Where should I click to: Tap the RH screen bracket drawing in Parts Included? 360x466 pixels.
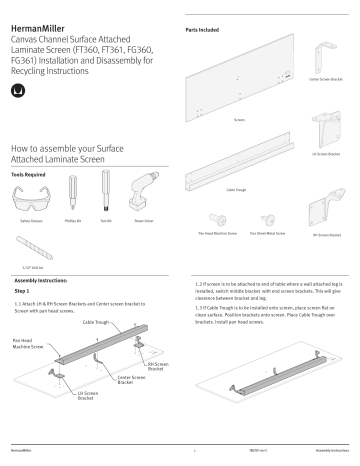[x=325, y=215]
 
